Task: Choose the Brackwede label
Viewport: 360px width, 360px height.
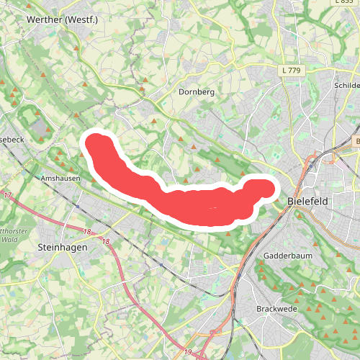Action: [x=276, y=309]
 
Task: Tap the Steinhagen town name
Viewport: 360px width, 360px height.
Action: [x=61, y=246]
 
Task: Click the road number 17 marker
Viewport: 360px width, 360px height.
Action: [x=8, y=196]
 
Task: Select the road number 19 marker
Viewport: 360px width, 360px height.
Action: [x=187, y=352]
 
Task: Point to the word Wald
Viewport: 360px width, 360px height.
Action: [x=9, y=238]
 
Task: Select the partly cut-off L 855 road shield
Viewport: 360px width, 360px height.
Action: [x=347, y=3]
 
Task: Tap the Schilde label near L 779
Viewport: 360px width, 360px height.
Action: [x=347, y=85]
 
